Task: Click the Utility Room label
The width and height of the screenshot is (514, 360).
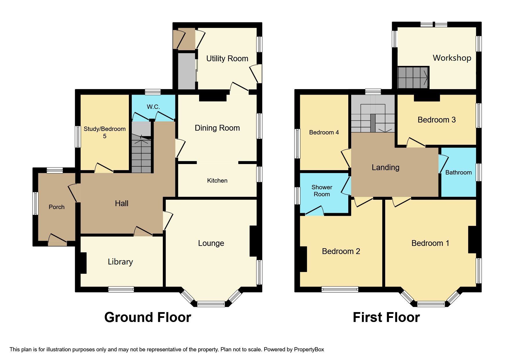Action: point(227,59)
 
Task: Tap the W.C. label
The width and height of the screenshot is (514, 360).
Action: point(153,107)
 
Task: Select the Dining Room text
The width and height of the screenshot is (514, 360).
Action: point(217,128)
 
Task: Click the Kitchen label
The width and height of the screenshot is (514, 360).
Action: point(217,181)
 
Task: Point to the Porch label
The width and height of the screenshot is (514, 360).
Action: point(56,207)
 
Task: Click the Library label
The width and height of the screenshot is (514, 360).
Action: point(120,262)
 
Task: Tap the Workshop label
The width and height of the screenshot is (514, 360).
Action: point(452,58)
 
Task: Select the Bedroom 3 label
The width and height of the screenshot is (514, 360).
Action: point(436,120)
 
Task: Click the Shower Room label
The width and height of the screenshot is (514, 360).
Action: point(322,191)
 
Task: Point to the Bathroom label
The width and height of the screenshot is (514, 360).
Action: point(458,172)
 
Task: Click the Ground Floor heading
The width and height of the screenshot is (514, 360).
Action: point(147,317)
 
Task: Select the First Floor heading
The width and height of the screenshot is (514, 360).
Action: point(386,317)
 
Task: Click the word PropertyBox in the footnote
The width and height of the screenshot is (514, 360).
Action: point(309,350)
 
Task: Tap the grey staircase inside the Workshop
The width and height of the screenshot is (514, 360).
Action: point(413,78)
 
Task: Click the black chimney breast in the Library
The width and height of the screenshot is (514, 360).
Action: point(83,263)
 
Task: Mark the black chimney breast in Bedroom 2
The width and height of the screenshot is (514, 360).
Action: point(303,259)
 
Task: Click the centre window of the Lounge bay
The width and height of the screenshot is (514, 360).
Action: point(211,304)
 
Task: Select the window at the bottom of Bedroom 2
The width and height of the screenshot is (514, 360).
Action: point(340,289)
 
